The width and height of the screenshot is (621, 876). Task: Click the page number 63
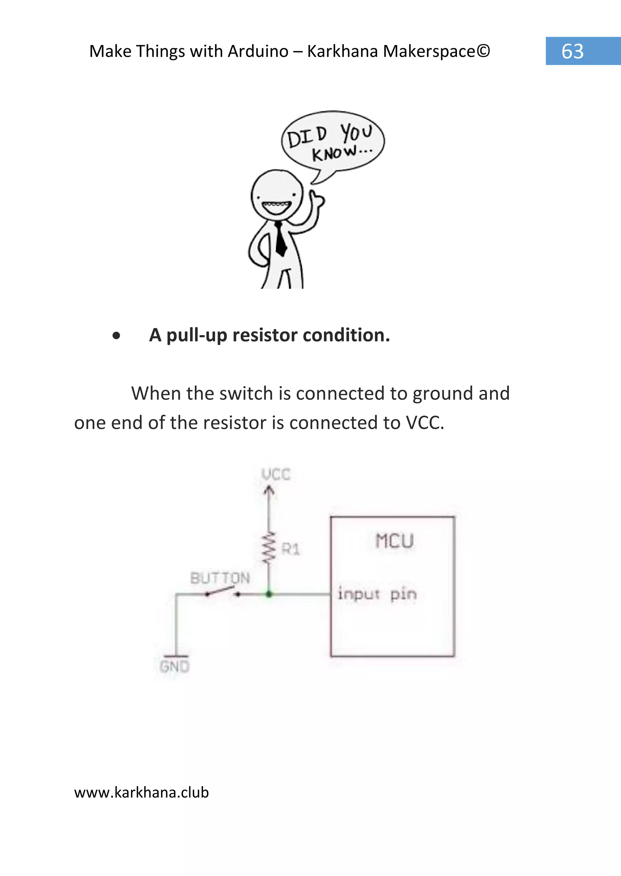[x=572, y=51]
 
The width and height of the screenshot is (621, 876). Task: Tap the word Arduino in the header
[x=258, y=51]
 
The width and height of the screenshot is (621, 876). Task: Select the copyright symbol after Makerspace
[x=483, y=51]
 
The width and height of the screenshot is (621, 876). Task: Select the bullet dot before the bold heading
[x=116, y=336]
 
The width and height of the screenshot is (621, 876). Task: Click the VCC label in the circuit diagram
[x=276, y=474]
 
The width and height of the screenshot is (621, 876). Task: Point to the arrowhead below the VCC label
[x=269, y=490]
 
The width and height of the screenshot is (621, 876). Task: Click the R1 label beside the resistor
[x=290, y=550]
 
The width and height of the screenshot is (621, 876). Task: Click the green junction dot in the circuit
[x=269, y=594]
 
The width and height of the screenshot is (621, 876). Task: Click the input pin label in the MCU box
[x=377, y=595]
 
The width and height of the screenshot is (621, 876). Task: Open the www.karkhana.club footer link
[x=142, y=793]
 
